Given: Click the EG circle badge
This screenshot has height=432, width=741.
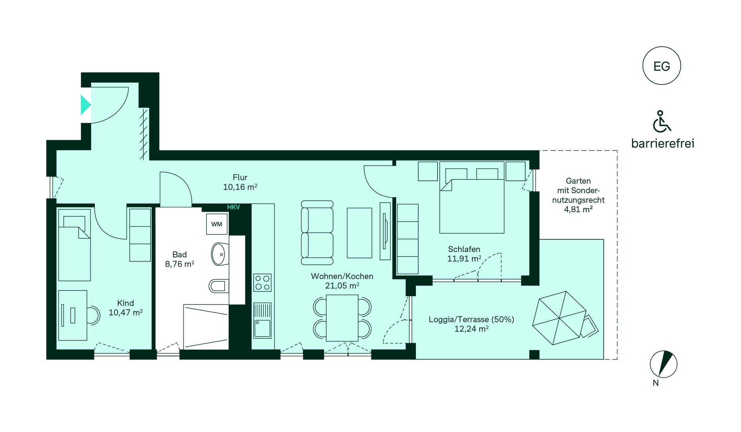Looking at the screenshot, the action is [x=662, y=65].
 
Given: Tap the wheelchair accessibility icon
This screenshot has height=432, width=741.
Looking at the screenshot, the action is [x=661, y=121].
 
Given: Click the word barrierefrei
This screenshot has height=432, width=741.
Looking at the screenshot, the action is [x=663, y=144].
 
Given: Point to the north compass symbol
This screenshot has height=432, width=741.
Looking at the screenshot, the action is [x=663, y=364].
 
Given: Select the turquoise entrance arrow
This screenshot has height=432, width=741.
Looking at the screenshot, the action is [x=85, y=105].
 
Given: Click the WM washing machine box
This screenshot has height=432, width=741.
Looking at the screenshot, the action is [x=217, y=224].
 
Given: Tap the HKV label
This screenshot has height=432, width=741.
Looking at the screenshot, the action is [x=233, y=207].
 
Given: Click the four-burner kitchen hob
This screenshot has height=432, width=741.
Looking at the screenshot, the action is [x=262, y=282].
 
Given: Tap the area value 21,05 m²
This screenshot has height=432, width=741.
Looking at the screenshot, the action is [x=342, y=286].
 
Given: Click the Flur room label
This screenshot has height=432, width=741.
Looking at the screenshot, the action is [x=240, y=177].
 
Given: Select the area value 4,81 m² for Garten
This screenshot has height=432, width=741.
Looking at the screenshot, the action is [x=578, y=209].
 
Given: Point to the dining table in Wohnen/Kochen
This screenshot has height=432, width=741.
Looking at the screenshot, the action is [x=342, y=318].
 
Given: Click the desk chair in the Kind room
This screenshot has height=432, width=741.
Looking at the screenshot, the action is [x=93, y=315].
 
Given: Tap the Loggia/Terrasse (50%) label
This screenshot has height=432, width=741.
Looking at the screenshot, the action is [x=471, y=320].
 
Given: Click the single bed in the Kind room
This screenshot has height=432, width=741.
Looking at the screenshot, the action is [x=74, y=245].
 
